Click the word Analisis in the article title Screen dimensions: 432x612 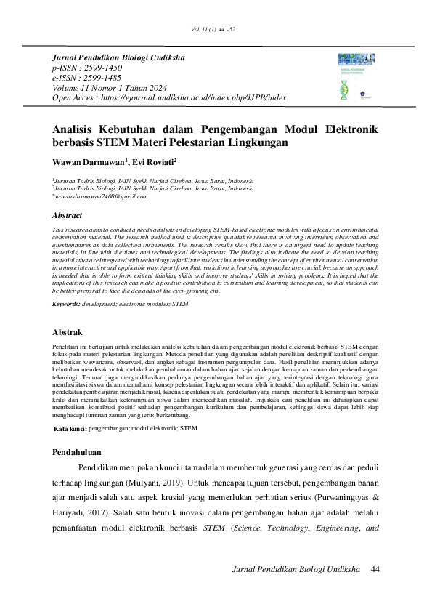[78, 129]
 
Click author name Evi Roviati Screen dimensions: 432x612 [152, 162]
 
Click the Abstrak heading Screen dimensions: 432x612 [69, 332]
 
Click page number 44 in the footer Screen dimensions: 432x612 [375, 568]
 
